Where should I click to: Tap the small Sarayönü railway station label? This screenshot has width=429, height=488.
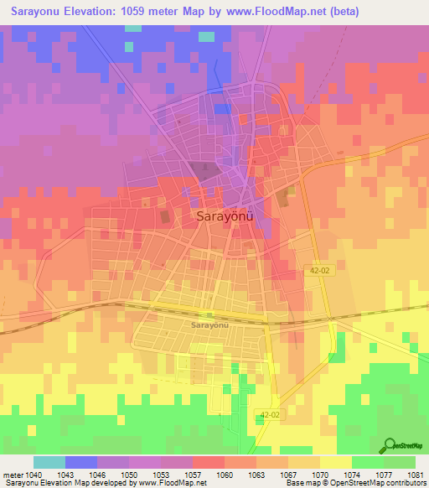[209, 324]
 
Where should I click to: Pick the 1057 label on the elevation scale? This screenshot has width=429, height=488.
[193, 475]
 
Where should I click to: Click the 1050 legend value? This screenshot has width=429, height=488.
[129, 475]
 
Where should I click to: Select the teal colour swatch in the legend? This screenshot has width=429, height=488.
[49, 462]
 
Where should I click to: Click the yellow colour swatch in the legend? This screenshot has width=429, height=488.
[335, 462]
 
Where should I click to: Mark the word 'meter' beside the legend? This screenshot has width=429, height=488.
[13, 475]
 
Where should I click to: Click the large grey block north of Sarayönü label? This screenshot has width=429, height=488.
[207, 171]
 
